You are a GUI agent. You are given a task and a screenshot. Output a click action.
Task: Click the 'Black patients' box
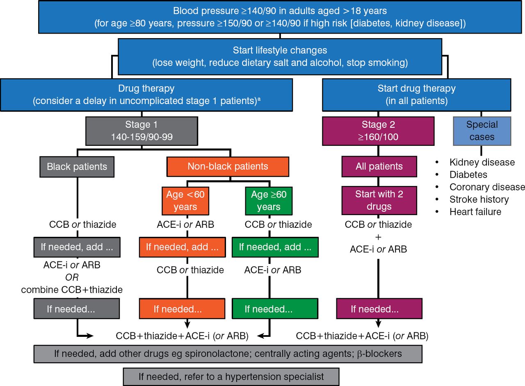point(77,167)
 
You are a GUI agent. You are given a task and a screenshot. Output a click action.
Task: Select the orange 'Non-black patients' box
point(228,166)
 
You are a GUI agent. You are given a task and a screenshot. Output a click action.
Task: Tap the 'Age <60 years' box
point(185,200)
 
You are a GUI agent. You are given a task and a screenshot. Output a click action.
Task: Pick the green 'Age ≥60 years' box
point(268,200)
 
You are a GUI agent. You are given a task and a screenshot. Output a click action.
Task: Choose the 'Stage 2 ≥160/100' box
point(378,131)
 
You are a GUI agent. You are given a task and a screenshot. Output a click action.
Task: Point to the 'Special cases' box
point(482,131)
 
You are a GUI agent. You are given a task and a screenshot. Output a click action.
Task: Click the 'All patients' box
point(379,166)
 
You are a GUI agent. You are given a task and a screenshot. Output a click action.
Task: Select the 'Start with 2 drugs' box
point(379,200)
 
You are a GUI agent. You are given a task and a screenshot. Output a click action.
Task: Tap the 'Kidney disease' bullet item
point(482,162)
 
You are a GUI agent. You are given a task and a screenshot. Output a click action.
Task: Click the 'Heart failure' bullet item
point(475,212)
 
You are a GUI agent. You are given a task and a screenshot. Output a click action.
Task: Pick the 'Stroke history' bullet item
point(479,200)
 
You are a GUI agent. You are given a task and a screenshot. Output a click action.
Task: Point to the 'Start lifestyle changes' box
point(280,57)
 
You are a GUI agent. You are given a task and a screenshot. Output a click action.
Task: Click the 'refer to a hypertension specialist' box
point(231,377)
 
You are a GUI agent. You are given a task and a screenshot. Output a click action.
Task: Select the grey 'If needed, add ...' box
point(77,247)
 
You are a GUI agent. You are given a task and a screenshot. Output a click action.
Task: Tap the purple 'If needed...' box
point(379,309)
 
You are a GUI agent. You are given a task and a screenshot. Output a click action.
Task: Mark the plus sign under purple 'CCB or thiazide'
point(378,237)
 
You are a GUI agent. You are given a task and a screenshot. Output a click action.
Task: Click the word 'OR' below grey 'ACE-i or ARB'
point(72,277)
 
